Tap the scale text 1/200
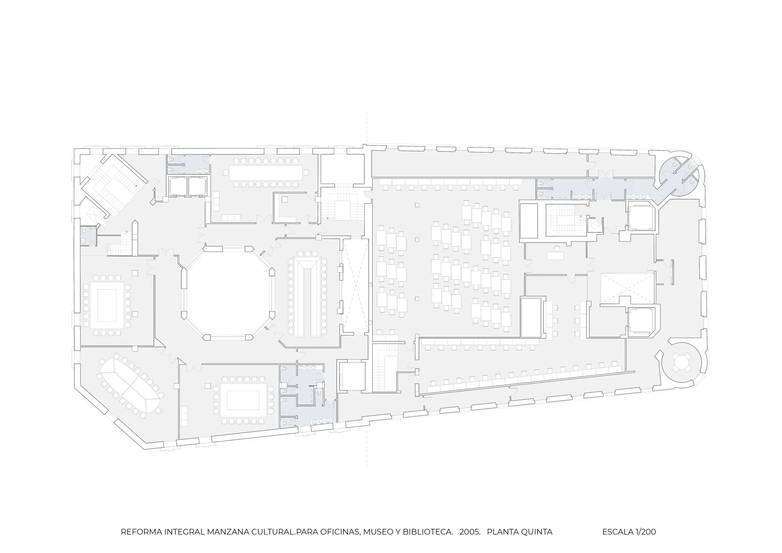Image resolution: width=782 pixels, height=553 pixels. click(645, 532)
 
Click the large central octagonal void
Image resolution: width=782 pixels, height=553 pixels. click(227, 292)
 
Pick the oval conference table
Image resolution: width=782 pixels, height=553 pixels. click(130, 385)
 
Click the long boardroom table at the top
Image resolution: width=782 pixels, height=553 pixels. click(266, 172)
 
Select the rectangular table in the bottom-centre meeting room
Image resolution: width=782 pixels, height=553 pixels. click(243, 401)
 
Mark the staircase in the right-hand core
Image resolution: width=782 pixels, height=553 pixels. click(564, 220)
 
